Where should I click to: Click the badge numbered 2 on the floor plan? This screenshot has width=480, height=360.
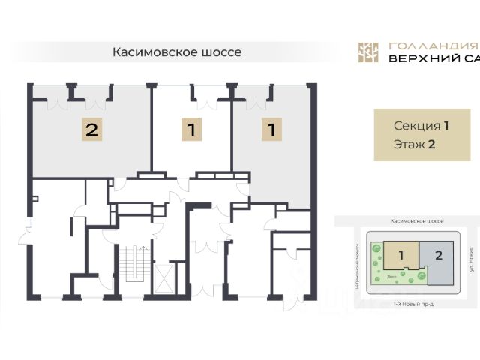(91, 130)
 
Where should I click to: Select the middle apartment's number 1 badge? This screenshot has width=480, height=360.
(192, 130)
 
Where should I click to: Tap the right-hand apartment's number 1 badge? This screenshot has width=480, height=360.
(271, 130)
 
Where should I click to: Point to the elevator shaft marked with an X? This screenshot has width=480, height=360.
(165, 275)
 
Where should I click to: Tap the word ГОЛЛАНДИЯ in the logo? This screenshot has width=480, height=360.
(423, 46)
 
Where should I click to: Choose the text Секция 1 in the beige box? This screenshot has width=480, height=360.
(421, 125)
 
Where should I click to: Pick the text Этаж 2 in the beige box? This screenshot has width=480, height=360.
(415, 145)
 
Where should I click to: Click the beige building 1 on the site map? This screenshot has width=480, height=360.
(401, 256)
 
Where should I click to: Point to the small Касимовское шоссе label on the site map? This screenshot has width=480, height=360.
(417, 222)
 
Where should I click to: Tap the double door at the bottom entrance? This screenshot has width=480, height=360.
(202, 289)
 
